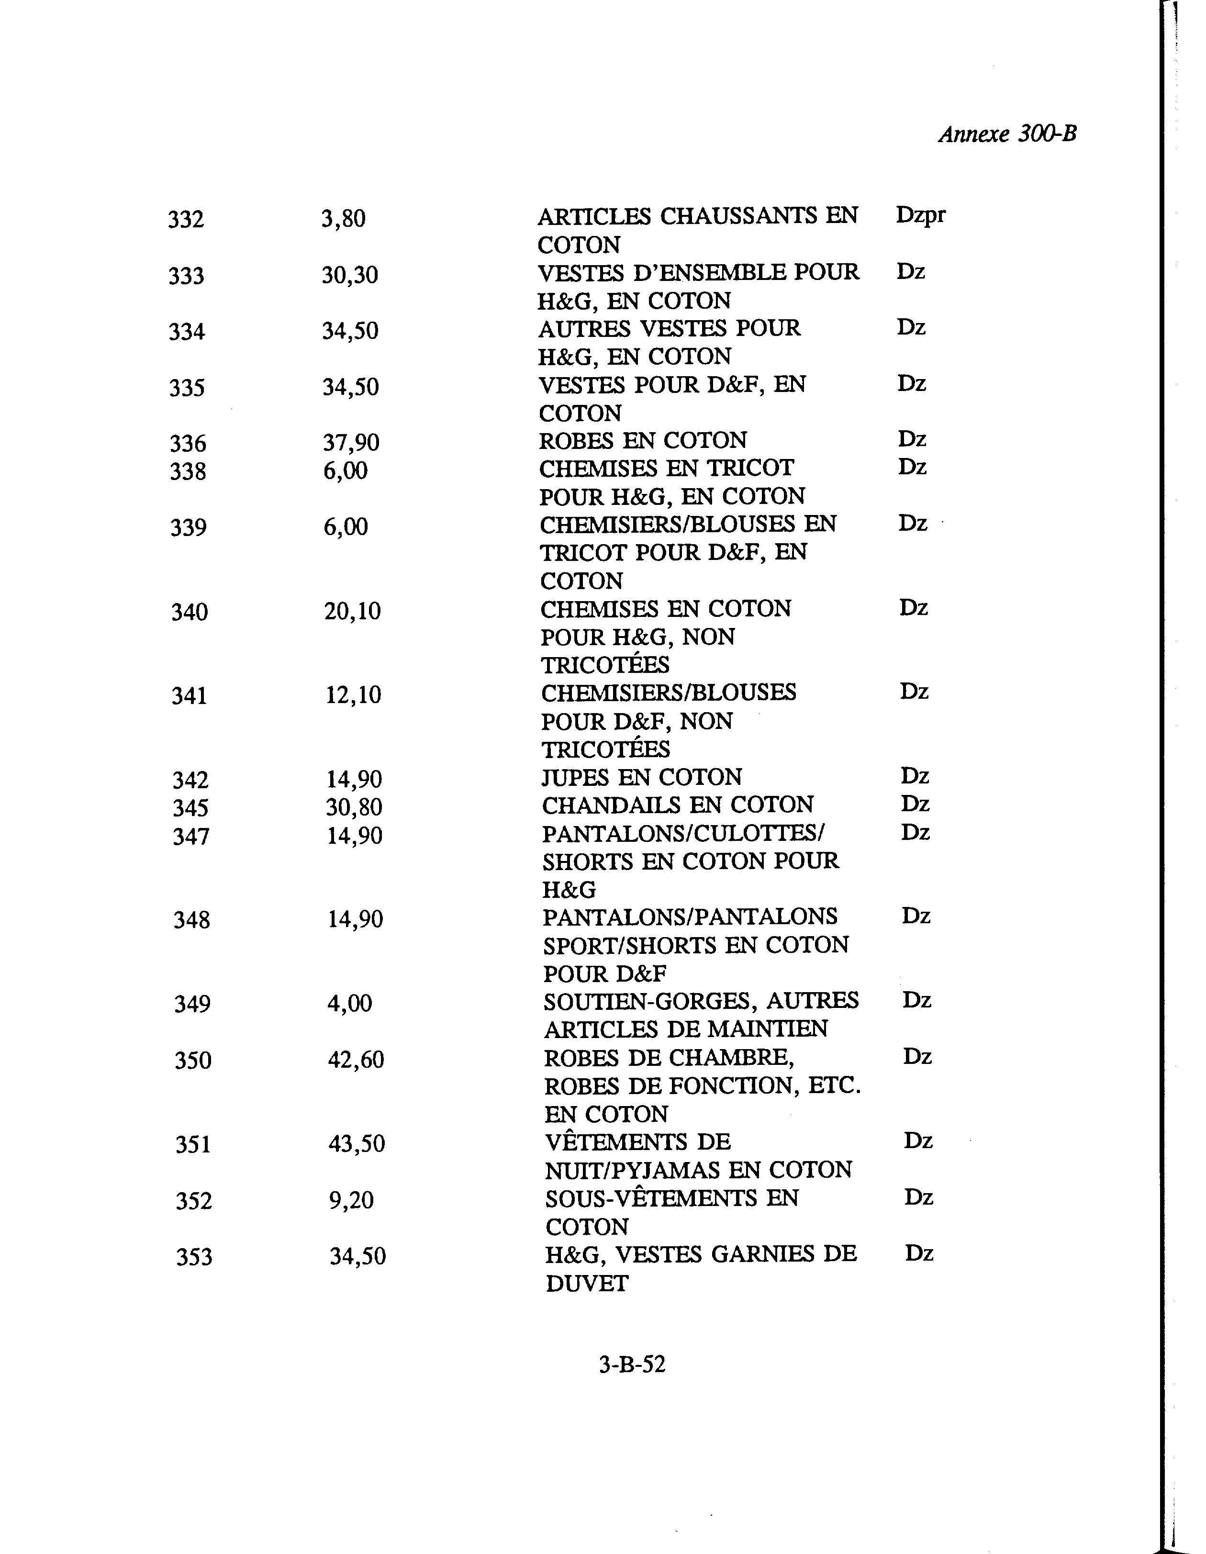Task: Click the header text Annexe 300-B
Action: tap(1007, 134)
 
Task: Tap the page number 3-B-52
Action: tap(632, 1364)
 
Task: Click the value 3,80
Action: tap(343, 218)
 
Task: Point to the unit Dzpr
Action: tap(921, 215)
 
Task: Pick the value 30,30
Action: tap(349, 275)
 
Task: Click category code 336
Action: tap(188, 443)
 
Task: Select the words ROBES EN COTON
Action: tap(643, 440)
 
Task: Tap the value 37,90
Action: tap(351, 443)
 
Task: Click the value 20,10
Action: tap(352, 611)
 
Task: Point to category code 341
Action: tap(189, 695)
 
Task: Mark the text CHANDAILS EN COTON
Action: tap(677, 805)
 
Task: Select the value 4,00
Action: tap(349, 1003)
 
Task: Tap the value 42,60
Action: tap(356, 1060)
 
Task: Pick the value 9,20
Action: tap(351, 1200)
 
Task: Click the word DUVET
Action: tap(587, 1283)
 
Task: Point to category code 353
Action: tap(194, 1257)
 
